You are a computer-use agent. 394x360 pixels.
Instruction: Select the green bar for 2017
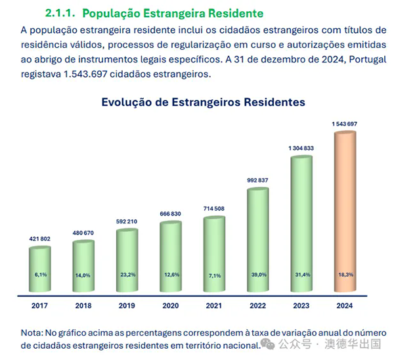pyautogui.click(x=39, y=269)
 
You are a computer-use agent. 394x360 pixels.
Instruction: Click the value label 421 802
pyautogui.click(x=39, y=239)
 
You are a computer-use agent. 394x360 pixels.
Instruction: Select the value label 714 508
pyautogui.click(x=215, y=209)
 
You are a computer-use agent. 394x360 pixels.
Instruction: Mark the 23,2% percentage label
pyautogui.click(x=127, y=275)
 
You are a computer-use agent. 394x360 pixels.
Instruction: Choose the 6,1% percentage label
pyautogui.click(x=39, y=275)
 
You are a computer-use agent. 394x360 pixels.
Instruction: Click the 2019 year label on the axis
pyautogui.click(x=127, y=305)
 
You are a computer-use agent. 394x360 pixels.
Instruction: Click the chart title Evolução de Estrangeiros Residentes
pyautogui.click(x=203, y=102)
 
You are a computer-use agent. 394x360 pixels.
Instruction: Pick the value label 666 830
pyautogui.click(x=171, y=214)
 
